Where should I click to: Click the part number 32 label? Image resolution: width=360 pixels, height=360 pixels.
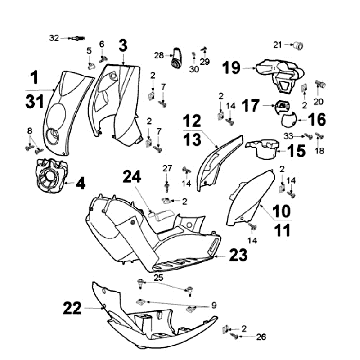[x=54, y=38]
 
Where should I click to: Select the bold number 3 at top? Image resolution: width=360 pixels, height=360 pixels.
[x=123, y=46]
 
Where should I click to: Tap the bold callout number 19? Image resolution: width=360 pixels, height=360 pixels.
[x=232, y=68]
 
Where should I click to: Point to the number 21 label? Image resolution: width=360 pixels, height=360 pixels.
[x=278, y=45]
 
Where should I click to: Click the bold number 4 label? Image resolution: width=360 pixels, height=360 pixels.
[x=80, y=183]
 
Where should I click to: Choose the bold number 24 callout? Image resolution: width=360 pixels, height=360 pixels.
[x=132, y=177]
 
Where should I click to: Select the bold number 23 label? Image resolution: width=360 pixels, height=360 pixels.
[x=238, y=255]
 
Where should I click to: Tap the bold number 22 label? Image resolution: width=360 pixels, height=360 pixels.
[x=72, y=308]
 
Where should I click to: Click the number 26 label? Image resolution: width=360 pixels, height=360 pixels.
[x=261, y=337]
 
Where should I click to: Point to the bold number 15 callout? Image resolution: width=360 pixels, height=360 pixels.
[x=296, y=151]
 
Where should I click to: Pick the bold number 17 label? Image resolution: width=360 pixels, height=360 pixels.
[x=251, y=106]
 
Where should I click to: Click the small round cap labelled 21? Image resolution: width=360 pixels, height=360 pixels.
[x=298, y=45]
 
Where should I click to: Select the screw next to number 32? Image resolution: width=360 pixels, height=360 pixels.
[x=77, y=38]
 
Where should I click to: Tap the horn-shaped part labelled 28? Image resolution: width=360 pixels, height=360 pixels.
[x=176, y=57]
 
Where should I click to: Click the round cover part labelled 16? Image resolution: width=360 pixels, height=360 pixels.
[x=287, y=120]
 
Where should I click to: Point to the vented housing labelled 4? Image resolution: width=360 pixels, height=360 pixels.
[x=52, y=176]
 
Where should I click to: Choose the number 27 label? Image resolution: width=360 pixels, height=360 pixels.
[x=167, y=168]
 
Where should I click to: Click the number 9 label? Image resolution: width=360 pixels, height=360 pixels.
[x=214, y=305]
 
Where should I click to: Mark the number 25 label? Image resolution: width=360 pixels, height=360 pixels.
[x=158, y=278]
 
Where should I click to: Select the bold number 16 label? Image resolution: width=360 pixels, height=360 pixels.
[x=317, y=120]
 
